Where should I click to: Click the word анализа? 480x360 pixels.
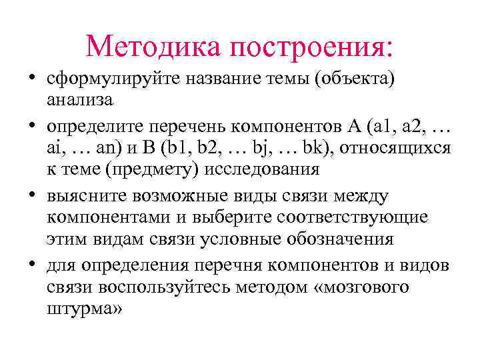point(80,101)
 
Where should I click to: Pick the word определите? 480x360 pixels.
point(95,126)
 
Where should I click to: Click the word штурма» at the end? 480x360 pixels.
point(85,311)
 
